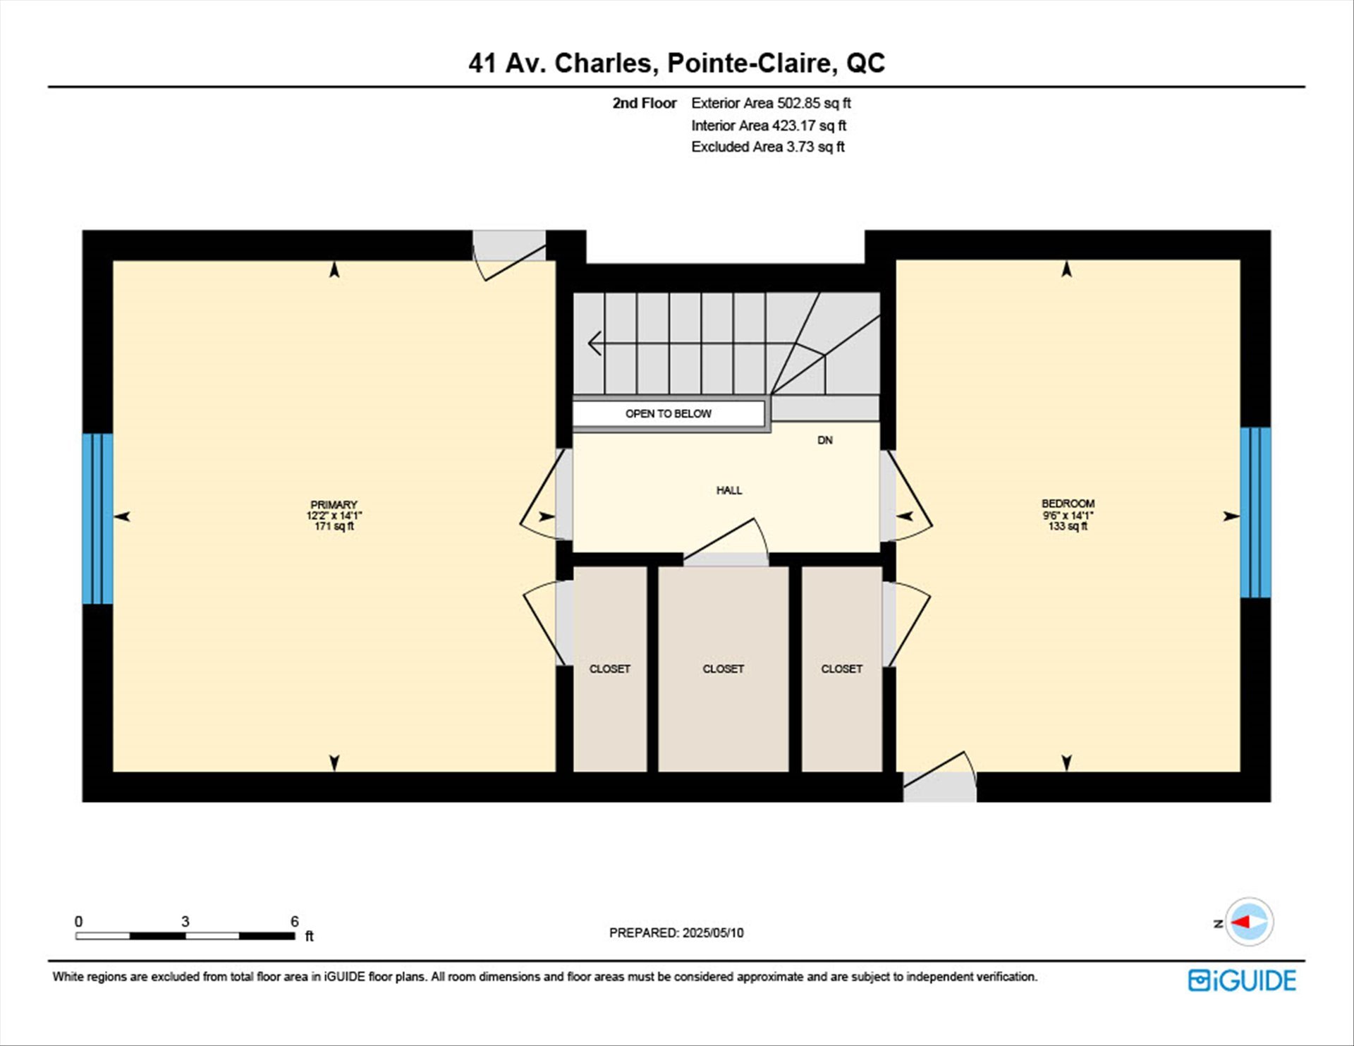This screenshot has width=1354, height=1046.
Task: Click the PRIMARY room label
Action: [334, 505]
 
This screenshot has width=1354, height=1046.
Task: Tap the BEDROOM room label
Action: [1068, 504]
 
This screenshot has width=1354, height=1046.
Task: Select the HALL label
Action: [729, 490]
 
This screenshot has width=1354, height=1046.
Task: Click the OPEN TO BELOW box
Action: [669, 414]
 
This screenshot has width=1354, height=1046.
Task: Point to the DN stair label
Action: [825, 440]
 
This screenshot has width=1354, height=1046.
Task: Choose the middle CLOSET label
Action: [723, 669]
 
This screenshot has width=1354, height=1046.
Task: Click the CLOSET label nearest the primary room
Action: [610, 669]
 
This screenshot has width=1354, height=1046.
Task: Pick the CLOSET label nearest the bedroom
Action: [841, 669]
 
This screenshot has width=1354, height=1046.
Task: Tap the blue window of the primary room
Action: [97, 518]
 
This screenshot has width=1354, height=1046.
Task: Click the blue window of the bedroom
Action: [1255, 513]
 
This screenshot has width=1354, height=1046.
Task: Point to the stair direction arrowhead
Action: [594, 343]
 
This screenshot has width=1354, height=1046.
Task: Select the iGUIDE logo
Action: [1242, 980]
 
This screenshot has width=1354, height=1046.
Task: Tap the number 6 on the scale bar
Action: [295, 921]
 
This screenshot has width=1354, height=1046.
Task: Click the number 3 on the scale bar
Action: [185, 921]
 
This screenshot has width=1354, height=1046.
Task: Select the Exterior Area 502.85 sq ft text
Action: [771, 103]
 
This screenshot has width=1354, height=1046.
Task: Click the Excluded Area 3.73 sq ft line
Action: [768, 147]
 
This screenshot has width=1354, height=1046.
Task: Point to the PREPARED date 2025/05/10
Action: [713, 932]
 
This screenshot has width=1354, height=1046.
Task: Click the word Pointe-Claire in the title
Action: [752, 63]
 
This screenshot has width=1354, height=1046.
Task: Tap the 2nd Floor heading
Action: [645, 103]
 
